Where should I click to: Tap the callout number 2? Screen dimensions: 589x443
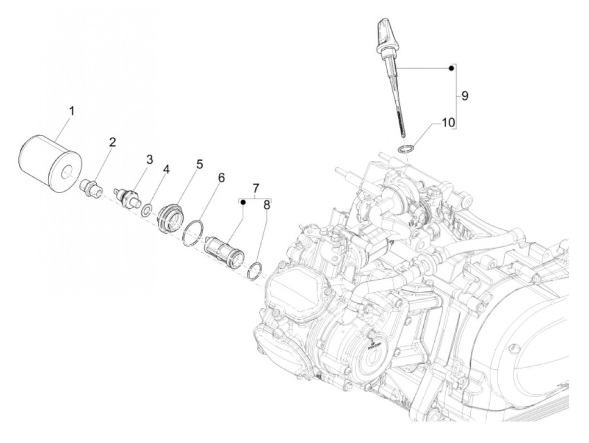click(x=112, y=142)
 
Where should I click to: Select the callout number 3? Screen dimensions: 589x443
click(x=149, y=160)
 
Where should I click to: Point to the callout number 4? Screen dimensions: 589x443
click(x=166, y=170)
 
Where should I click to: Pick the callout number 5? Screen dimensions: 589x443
click(x=199, y=164)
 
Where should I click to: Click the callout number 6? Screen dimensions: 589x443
click(x=221, y=178)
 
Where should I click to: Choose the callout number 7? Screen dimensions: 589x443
click(x=256, y=187)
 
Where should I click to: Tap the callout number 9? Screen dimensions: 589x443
click(x=464, y=96)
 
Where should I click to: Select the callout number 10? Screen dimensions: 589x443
click(x=448, y=123)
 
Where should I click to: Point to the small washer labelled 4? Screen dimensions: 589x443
click(x=147, y=210)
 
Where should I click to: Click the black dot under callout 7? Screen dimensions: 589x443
click(x=243, y=203)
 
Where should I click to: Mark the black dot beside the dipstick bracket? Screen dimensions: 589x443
click(x=451, y=68)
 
